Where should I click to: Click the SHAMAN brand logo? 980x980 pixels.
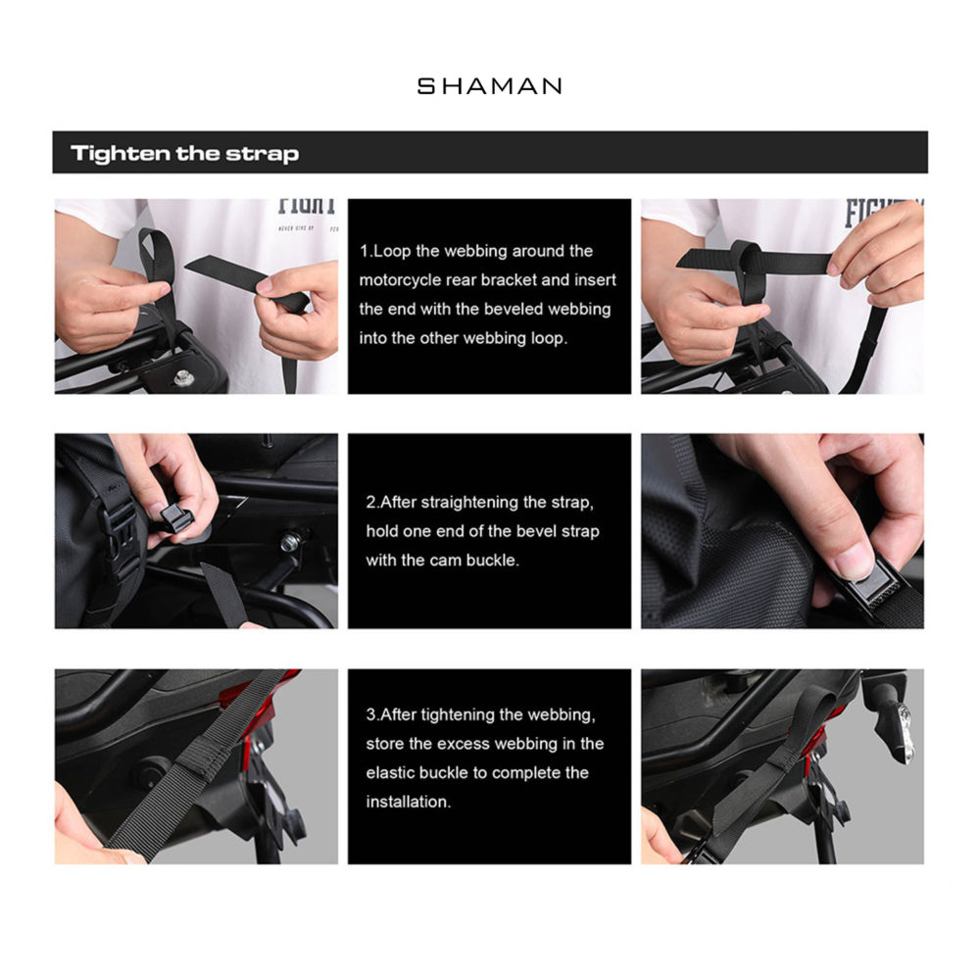tap(489, 86)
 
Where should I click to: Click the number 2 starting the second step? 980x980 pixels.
tap(371, 503)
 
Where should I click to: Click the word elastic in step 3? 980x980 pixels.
tap(393, 772)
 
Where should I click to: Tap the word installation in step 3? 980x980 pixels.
tap(407, 802)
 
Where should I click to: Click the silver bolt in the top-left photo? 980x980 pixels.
tap(183, 377)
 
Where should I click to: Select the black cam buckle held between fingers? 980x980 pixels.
tap(176, 517)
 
